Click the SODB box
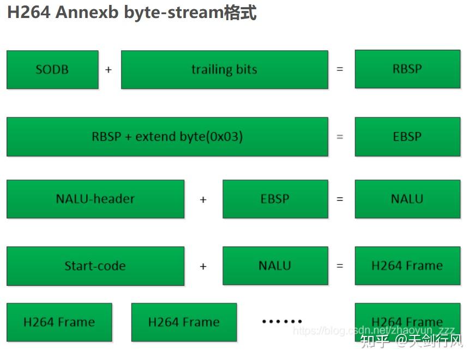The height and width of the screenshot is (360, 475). [52, 69]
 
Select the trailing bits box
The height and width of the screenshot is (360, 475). [224, 69]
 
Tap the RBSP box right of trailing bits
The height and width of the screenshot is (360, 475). [407, 69]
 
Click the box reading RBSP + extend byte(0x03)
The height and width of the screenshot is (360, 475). [167, 136]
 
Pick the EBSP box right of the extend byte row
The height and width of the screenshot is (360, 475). [407, 136]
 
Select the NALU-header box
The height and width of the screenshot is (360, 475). [95, 199]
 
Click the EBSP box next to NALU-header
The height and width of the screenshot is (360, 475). [275, 199]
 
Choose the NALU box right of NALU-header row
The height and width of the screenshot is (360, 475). [407, 199]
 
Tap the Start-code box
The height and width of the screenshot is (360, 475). [95, 266]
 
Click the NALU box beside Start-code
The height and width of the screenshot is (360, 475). [275, 266]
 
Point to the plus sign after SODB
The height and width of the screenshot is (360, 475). [109, 70]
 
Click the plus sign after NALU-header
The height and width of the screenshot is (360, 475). [203, 200]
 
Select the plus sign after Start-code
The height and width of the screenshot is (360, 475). [203, 267]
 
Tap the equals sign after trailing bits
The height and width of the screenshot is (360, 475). [340, 70]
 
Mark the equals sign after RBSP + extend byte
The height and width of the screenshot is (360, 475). [340, 137]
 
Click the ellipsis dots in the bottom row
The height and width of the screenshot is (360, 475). [282, 321]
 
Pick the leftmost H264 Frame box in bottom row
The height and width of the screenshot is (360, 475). [59, 322]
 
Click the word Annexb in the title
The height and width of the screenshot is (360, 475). [88, 13]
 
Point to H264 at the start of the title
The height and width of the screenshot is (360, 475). [28, 13]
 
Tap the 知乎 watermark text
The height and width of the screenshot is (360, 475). [375, 342]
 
